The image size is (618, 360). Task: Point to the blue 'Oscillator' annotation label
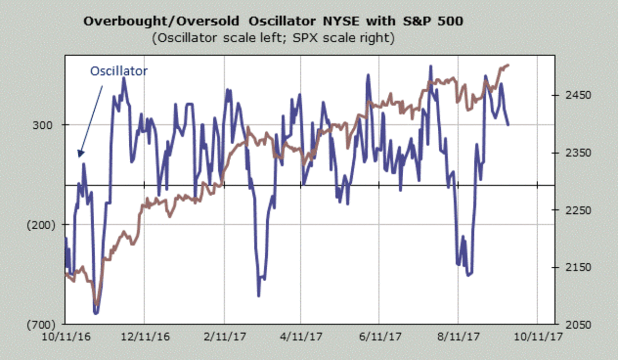[119, 71]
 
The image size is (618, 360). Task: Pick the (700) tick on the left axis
[40, 324]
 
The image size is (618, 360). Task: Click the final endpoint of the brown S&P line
[509, 65]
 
